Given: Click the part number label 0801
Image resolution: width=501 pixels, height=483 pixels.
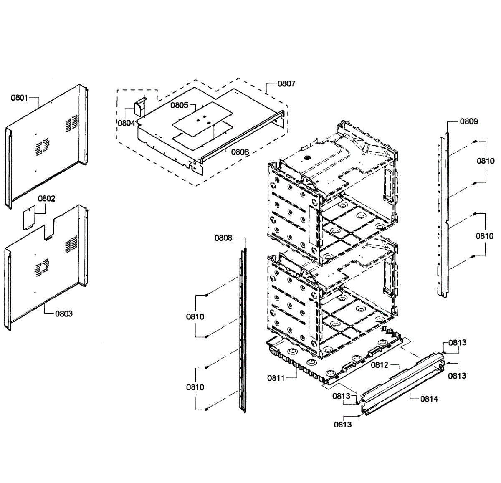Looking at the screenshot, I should pyautogui.click(x=19, y=98).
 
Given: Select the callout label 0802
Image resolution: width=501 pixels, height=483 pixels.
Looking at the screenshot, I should pyautogui.click(x=46, y=198).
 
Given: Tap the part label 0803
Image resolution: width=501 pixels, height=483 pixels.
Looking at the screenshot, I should pyautogui.click(x=64, y=314).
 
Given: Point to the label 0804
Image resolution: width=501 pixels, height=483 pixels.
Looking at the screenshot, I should pyautogui.click(x=126, y=123).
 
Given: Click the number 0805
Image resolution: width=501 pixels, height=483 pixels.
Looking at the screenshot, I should pyautogui.click(x=179, y=105).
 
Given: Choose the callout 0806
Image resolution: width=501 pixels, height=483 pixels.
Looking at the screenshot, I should pyautogui.click(x=240, y=152).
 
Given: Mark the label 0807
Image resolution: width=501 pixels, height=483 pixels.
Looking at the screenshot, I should pyautogui.click(x=286, y=83).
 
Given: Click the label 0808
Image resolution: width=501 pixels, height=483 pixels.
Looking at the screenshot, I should pyautogui.click(x=223, y=238).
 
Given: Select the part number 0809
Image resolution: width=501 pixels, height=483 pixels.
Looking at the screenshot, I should pyautogui.click(x=469, y=121).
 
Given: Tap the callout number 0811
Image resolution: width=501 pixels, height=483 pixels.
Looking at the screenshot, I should pyautogui.click(x=276, y=378).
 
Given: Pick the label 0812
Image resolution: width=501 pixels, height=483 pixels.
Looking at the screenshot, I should pyautogui.click(x=380, y=365).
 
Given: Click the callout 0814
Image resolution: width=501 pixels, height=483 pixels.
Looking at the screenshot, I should pyautogui.click(x=429, y=399).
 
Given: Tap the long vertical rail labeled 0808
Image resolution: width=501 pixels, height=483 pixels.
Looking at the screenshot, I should pyautogui.click(x=243, y=330).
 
